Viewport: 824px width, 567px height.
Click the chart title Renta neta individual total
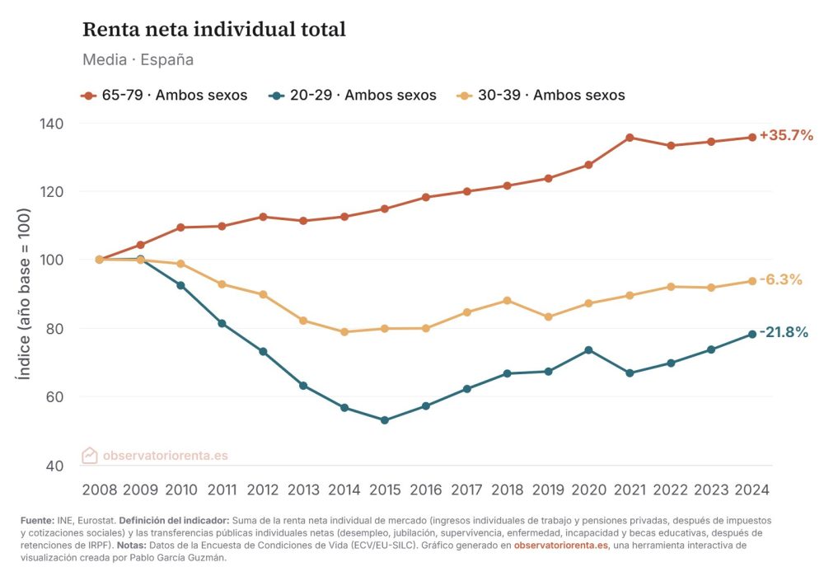click(213, 30)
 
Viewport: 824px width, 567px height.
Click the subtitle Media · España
click(138, 60)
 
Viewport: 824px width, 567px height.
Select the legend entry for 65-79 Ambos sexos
click(165, 95)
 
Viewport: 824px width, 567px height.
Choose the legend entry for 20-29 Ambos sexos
click(353, 95)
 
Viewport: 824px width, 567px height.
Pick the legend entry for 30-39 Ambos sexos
click(541, 95)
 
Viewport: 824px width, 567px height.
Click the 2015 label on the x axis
click(385, 490)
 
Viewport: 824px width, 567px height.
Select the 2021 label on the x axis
click(630, 490)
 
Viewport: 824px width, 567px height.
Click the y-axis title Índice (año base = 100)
click(25, 293)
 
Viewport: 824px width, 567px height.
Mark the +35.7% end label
click(786, 135)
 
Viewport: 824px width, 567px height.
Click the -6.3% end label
click(780, 279)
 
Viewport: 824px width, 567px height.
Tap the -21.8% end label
click(784, 332)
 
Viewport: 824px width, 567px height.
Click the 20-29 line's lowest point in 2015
click(385, 420)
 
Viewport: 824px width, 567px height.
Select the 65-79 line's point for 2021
click(630, 138)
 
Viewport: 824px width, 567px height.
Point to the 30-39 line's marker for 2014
click(344, 332)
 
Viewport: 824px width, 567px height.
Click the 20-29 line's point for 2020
click(589, 349)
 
